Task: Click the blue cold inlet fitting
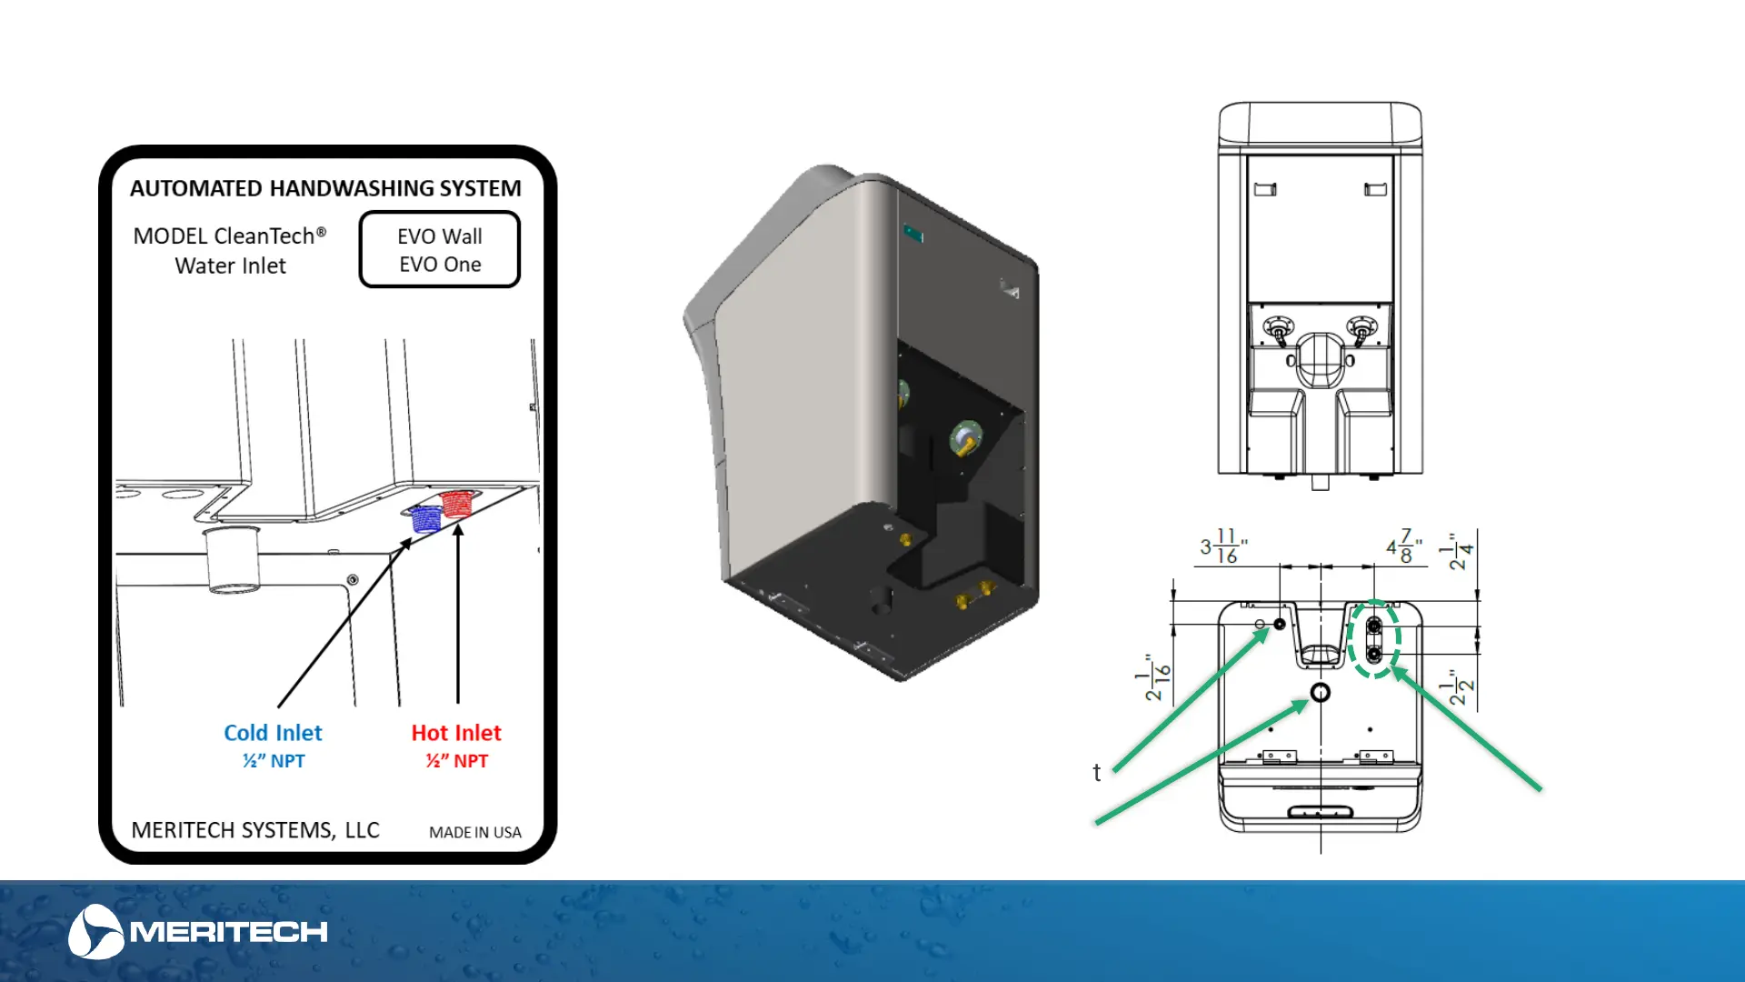[425, 518]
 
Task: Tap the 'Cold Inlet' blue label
[273, 733]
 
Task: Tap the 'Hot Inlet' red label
[456, 733]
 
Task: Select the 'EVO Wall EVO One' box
[440, 250]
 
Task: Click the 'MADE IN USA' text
[474, 832]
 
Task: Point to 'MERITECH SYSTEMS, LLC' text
[255, 830]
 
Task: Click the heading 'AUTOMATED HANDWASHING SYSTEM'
[325, 188]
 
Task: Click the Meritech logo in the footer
[197, 931]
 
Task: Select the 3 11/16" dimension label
[1223, 546]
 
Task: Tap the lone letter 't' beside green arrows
[1097, 772]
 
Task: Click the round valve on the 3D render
[965, 439]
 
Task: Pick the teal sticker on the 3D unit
[913, 235]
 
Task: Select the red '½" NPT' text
[456, 761]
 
